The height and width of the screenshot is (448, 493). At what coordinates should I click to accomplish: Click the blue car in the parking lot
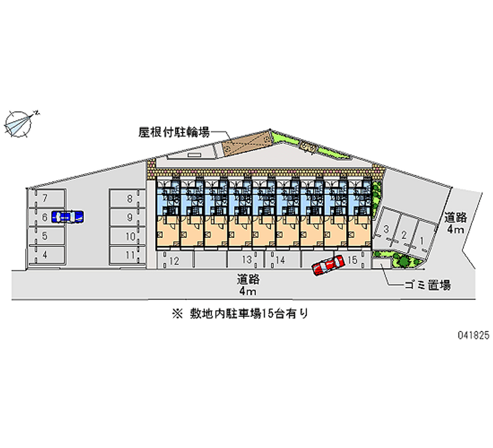click(67, 216)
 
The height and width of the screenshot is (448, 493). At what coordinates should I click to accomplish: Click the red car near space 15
click(327, 266)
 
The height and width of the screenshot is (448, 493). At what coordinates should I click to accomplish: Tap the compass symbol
click(20, 122)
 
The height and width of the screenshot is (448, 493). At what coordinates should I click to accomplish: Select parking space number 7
click(45, 198)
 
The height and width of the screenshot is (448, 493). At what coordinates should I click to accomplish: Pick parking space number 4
click(45, 254)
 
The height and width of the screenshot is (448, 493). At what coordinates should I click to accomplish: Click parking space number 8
click(128, 198)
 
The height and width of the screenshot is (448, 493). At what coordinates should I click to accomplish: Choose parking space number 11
click(128, 254)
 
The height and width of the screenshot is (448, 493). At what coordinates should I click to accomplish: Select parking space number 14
click(279, 261)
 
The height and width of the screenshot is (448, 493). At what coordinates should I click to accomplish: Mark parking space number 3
click(386, 229)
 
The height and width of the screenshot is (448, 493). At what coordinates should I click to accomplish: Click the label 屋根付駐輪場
click(174, 131)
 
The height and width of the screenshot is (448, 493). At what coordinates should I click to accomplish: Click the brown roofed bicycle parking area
click(246, 142)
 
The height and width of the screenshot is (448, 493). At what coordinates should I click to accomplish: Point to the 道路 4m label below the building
click(246, 283)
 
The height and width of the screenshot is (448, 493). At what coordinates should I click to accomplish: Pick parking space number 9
click(128, 217)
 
